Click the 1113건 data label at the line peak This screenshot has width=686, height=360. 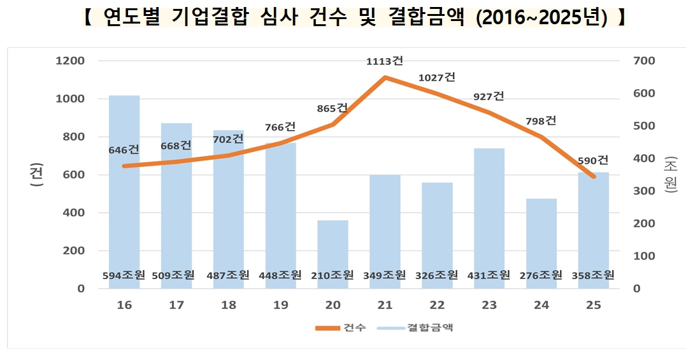(385, 61)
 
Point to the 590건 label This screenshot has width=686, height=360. (594, 160)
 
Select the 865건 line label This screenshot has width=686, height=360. (332, 108)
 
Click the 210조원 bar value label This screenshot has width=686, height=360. (332, 275)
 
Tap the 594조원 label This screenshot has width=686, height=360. (124, 275)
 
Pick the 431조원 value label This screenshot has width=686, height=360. (489, 275)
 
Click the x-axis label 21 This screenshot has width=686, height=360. (385, 305)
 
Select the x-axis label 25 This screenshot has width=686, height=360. (593, 305)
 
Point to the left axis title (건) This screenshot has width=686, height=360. (36, 175)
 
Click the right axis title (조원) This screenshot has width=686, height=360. (670, 175)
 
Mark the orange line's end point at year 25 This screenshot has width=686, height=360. (593, 176)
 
